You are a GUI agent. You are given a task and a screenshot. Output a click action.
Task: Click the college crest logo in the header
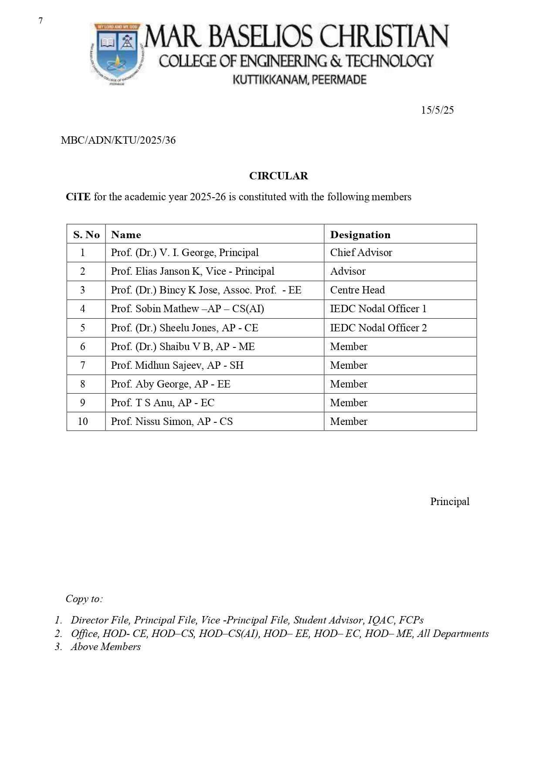coord(116,53)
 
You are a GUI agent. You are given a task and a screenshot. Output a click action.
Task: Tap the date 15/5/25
coord(437,110)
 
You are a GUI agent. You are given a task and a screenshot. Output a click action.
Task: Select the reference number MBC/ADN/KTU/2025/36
coord(118,140)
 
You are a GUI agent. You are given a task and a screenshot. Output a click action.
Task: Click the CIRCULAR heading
coord(278,176)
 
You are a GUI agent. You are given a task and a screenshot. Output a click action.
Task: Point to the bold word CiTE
coord(78,197)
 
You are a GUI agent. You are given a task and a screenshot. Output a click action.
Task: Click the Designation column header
coord(360,235)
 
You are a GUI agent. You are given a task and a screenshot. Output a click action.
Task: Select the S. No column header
coord(86,235)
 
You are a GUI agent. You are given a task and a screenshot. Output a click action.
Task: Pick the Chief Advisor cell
coord(361,253)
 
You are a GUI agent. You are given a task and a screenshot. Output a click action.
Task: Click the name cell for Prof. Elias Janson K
coord(193,271)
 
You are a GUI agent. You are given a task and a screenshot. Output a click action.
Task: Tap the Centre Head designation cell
coord(357,290)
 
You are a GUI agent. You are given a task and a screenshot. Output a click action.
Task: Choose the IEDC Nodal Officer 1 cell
coord(378,309)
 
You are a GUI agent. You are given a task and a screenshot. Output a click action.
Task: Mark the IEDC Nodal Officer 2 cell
coord(378,328)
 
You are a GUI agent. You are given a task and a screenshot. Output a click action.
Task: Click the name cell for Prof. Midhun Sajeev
coord(177,365)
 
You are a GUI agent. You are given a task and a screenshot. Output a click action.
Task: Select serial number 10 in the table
coord(83,421)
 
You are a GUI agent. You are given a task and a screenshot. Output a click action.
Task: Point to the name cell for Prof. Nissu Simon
coord(172,421)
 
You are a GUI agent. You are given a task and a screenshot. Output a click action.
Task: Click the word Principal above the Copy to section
coord(450,502)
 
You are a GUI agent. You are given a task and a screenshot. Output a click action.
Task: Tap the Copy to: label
coord(84,599)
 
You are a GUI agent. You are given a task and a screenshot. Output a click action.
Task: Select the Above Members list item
coord(106,647)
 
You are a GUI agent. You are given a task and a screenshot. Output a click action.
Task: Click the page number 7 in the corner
coord(41,21)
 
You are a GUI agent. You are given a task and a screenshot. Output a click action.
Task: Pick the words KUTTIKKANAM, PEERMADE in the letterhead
coord(299,80)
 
